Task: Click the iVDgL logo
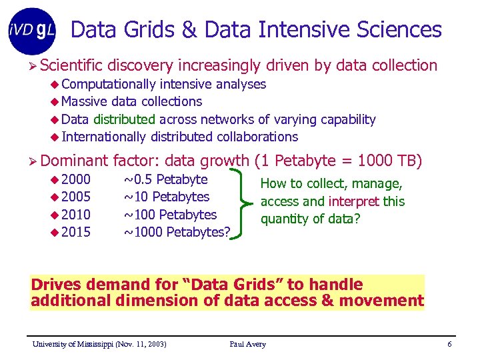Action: tap(32, 31)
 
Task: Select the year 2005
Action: tap(76, 197)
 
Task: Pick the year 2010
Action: tap(76, 215)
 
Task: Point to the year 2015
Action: tap(76, 232)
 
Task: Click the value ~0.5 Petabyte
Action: tap(166, 179)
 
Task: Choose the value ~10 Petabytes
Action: tap(167, 197)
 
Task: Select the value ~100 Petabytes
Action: tap(171, 215)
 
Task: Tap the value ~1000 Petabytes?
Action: tap(177, 232)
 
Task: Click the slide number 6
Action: tap(450, 344)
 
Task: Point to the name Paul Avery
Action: tap(247, 344)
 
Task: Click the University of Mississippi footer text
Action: tap(100, 344)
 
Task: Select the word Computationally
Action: tap(108, 84)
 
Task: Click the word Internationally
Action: tap(103, 137)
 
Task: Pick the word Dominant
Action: tap(74, 160)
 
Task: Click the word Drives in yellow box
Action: tap(54, 285)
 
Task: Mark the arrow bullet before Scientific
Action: tap(33, 65)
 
